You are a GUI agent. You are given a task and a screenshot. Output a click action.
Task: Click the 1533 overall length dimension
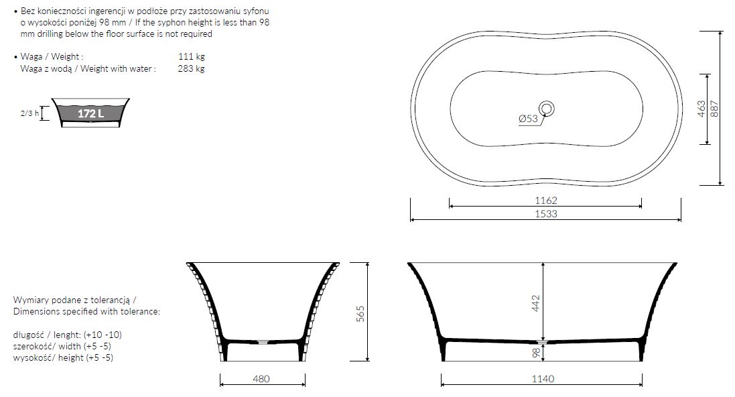(x=546, y=214)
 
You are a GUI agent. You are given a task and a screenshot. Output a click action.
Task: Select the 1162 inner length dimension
(x=546, y=201)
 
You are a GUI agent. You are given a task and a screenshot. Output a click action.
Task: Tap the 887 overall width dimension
(x=714, y=109)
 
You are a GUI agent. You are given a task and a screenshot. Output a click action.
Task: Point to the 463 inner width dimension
(x=701, y=109)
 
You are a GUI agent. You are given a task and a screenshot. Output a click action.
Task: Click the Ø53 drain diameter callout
(x=528, y=119)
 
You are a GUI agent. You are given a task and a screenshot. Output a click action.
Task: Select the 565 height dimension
(x=360, y=313)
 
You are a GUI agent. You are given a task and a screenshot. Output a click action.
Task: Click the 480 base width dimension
(x=261, y=379)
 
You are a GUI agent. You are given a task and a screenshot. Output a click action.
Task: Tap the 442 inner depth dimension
(x=536, y=303)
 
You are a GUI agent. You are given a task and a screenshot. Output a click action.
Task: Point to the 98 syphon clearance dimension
(x=536, y=353)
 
